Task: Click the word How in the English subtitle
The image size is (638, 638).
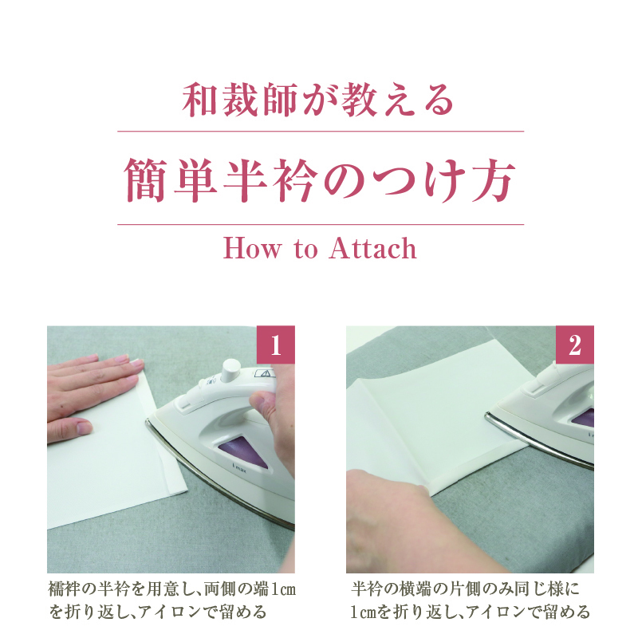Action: (252, 248)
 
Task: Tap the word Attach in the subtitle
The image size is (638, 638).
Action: (372, 248)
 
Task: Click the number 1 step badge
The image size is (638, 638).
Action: (275, 345)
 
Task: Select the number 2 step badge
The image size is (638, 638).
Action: (574, 345)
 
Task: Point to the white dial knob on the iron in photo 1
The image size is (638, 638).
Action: (230, 370)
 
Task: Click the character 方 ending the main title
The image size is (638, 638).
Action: (493, 179)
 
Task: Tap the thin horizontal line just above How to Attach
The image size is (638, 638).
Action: (321, 224)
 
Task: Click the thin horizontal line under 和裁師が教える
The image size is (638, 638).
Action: (321, 132)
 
